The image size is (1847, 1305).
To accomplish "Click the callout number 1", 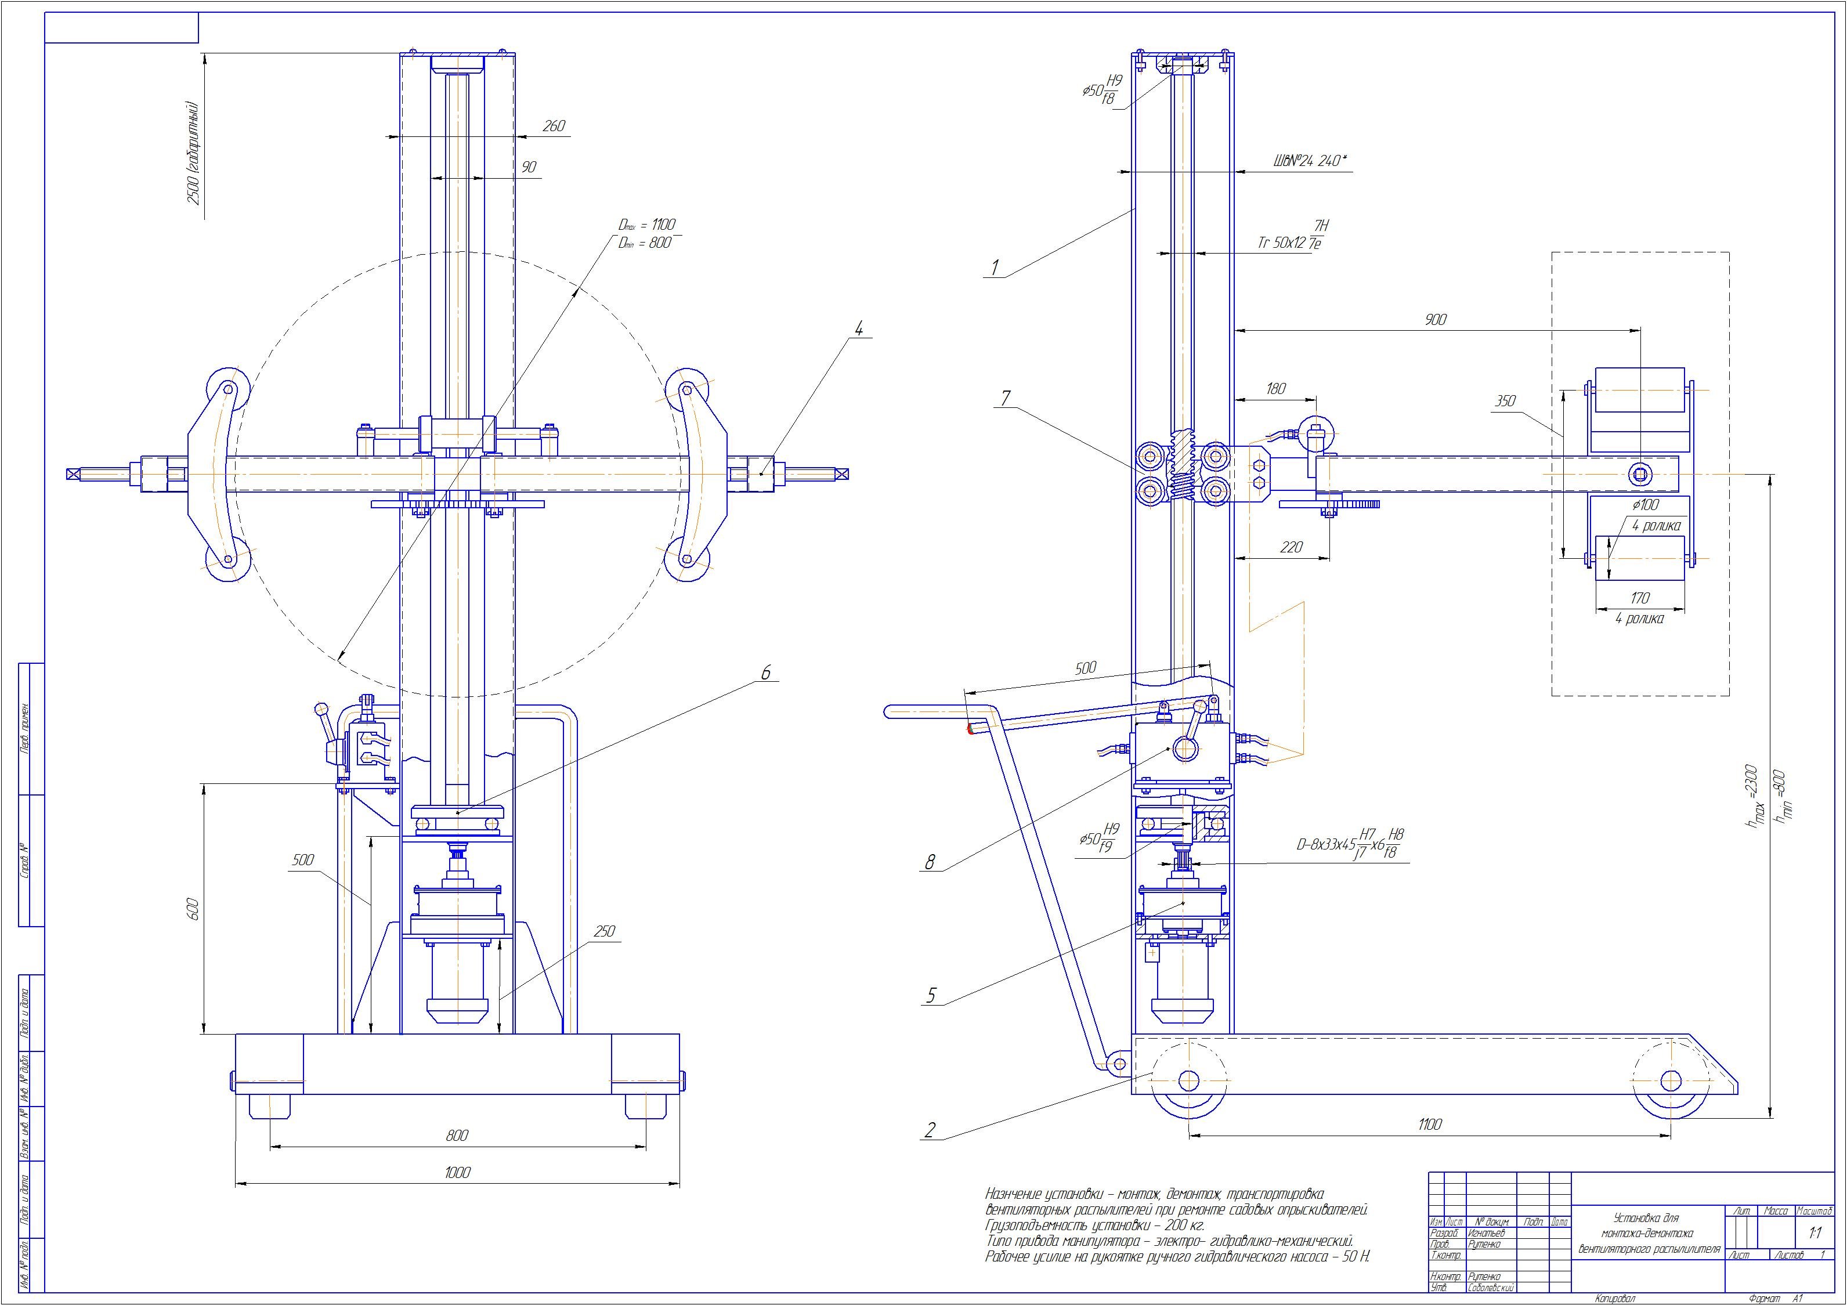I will (x=995, y=267).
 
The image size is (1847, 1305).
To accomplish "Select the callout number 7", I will (x=1006, y=397).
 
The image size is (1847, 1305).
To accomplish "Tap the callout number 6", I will (x=766, y=673).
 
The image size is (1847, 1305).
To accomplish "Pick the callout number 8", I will (x=930, y=862).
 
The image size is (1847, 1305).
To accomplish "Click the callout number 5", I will (x=931, y=995).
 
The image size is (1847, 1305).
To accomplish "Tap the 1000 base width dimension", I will (x=457, y=1172).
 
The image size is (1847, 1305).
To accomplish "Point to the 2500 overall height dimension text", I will (x=193, y=153).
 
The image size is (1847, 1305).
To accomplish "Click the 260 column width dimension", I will (x=554, y=126).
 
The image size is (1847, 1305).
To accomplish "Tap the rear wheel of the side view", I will (x=1189, y=1080).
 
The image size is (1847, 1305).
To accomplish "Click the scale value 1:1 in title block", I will (x=1816, y=1255).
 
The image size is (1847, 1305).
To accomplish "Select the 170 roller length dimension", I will (x=1639, y=598).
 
